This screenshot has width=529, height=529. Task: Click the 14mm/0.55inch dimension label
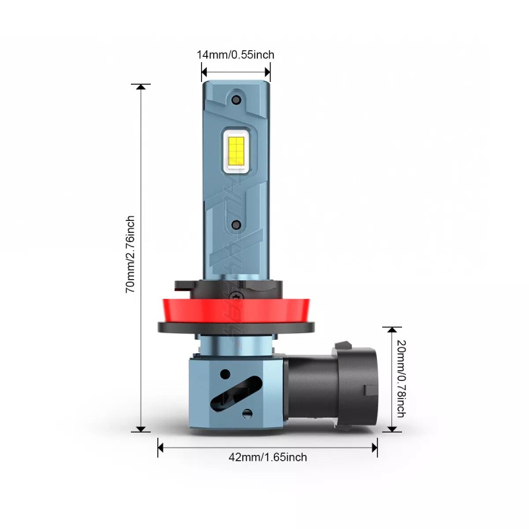click(235, 55)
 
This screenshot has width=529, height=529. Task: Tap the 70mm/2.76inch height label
click(130, 255)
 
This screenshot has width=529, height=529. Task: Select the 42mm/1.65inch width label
click(268, 457)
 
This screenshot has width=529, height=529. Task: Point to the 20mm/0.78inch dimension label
click(401, 378)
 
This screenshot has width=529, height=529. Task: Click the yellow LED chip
click(236, 149)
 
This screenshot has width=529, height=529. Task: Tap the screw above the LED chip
click(236, 100)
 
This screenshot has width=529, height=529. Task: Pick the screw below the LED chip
click(237, 225)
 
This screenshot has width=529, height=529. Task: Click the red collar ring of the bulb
click(236, 310)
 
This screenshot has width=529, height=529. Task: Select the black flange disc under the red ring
click(236, 328)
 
